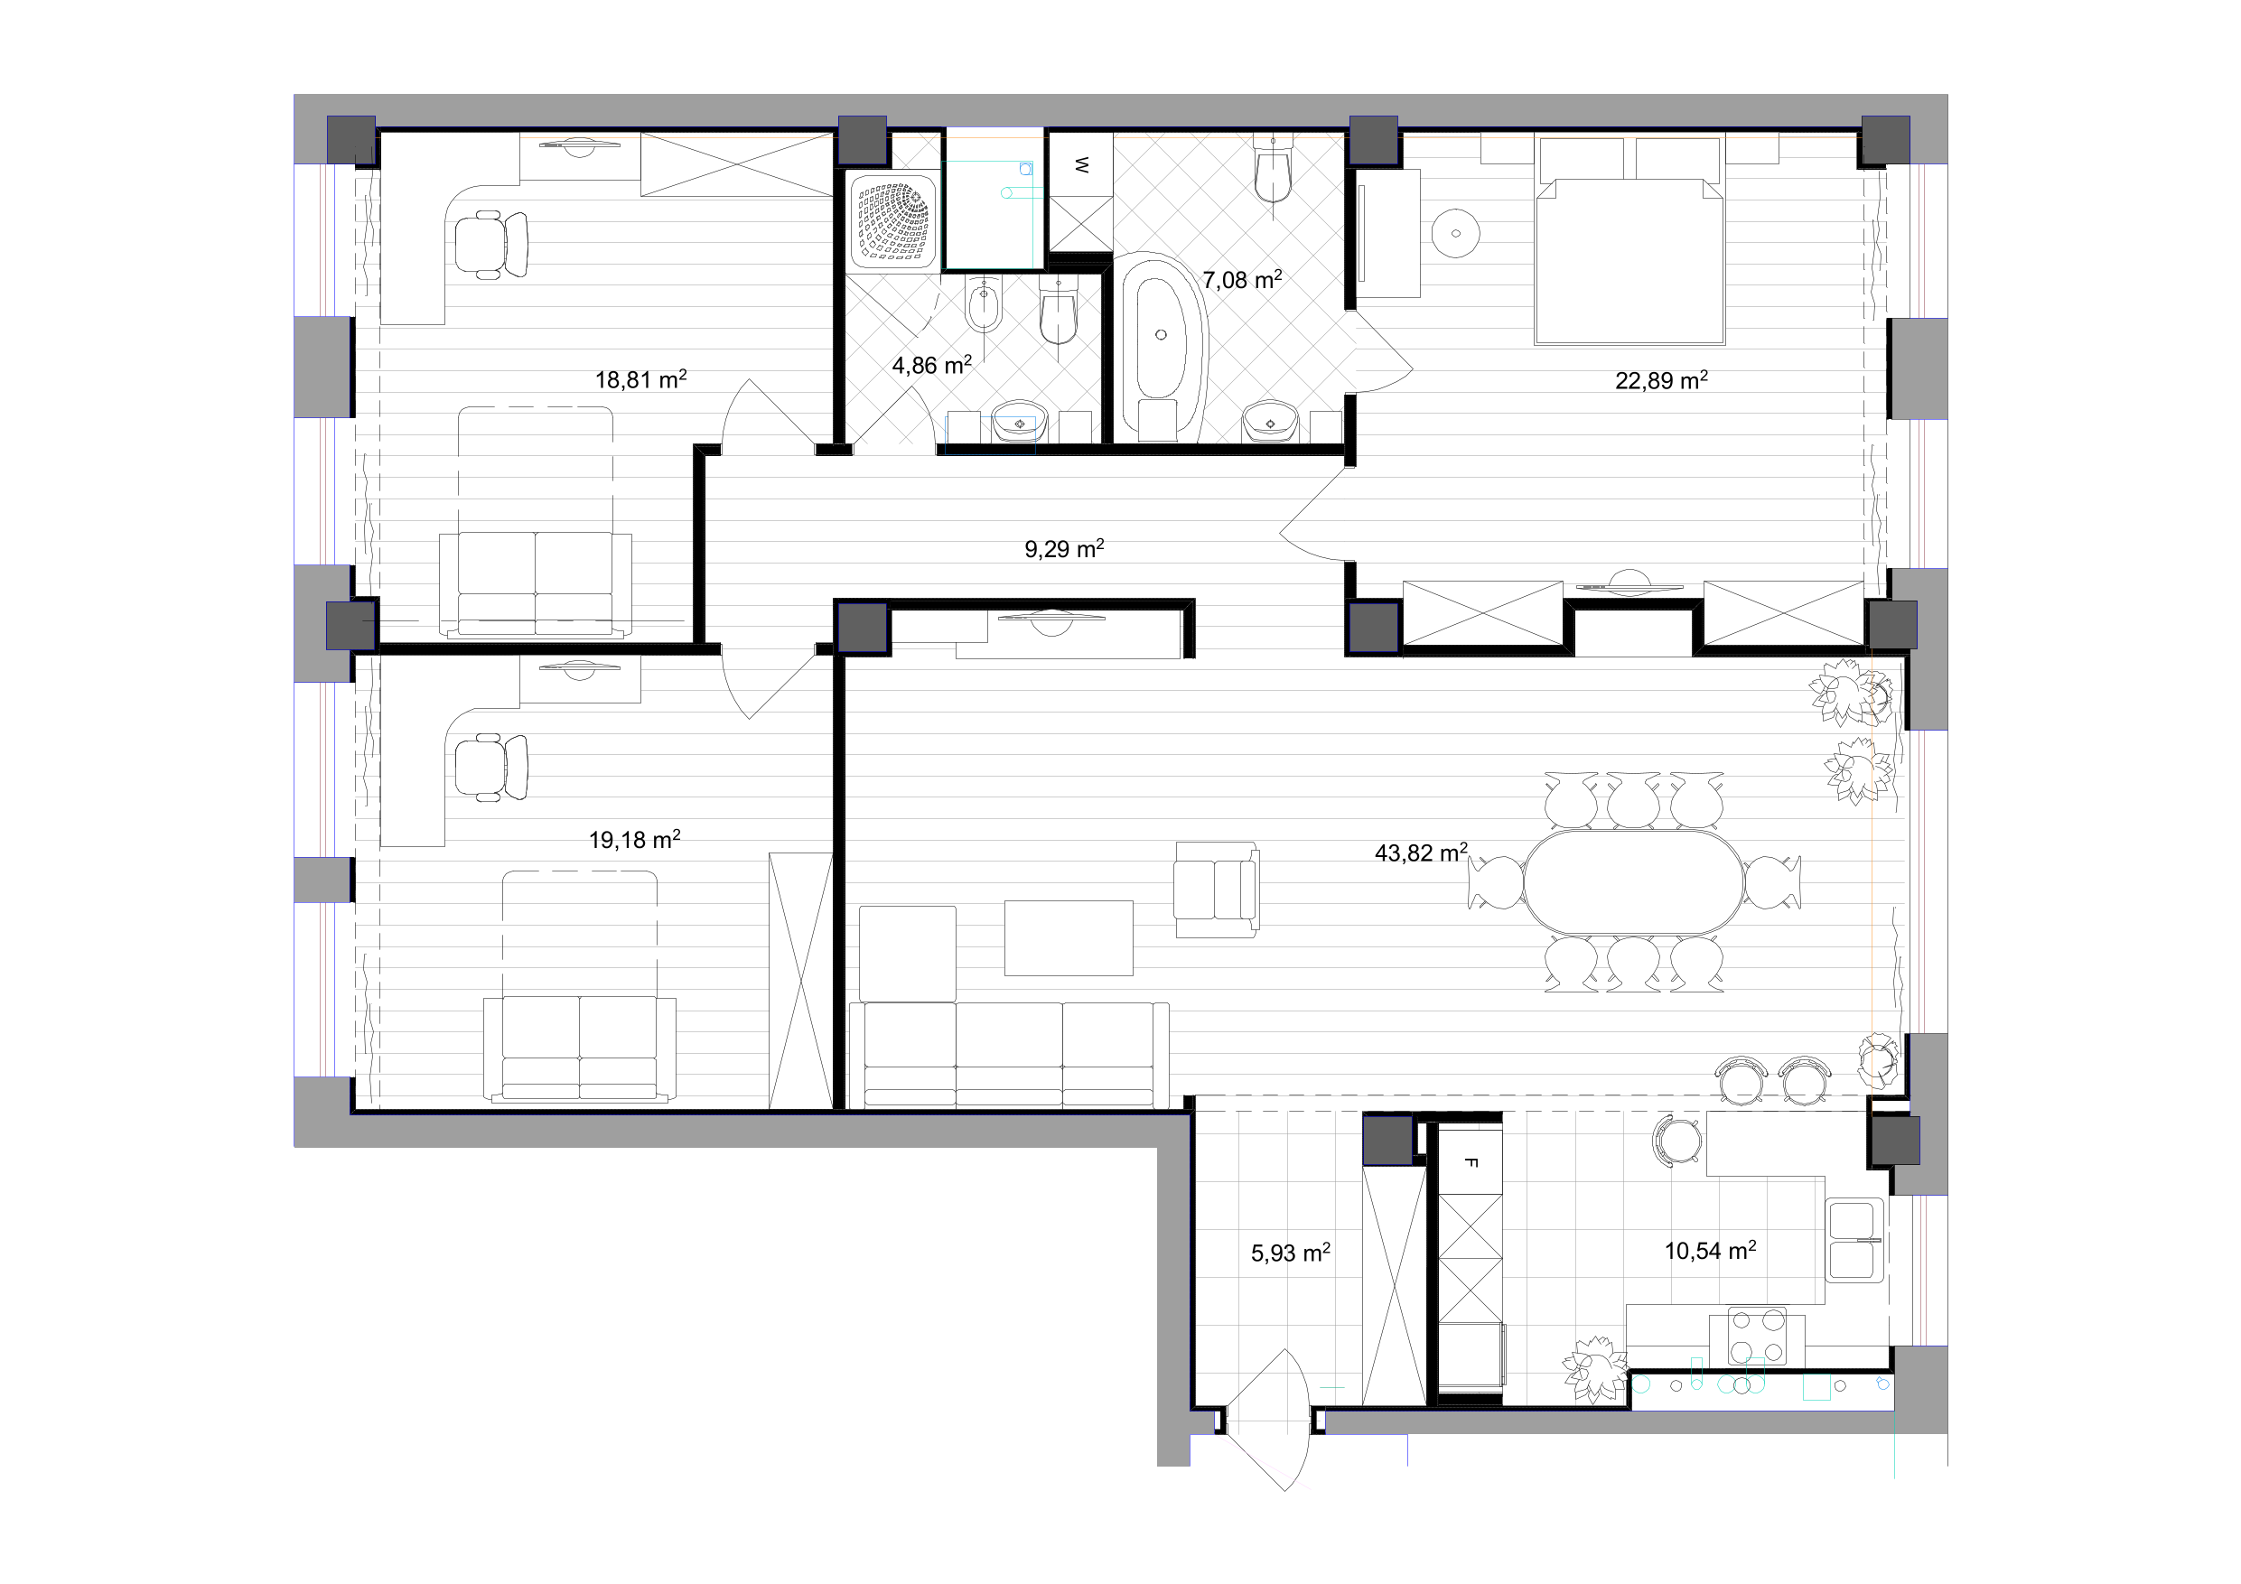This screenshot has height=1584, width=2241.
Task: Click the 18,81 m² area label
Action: (641, 378)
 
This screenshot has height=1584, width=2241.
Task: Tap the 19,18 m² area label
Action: (634, 839)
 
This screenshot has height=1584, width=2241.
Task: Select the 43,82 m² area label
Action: (1421, 853)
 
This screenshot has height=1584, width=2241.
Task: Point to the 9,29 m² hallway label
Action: (1064, 548)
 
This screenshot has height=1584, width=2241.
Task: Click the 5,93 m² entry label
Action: (1291, 1253)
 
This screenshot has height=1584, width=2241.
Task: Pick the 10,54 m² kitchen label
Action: (1710, 1250)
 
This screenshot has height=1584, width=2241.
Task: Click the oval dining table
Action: (1634, 881)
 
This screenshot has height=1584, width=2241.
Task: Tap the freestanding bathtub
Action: (1162, 344)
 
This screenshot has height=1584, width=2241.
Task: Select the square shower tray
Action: (893, 221)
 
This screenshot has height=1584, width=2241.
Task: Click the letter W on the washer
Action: (1081, 165)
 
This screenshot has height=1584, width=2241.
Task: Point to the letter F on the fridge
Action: (1471, 1162)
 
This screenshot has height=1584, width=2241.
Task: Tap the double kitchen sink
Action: (1854, 1240)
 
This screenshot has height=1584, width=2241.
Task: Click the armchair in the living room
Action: (1216, 890)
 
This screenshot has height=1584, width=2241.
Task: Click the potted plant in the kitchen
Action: (1595, 1369)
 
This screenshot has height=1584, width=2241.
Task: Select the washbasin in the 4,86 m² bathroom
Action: (1020, 424)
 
